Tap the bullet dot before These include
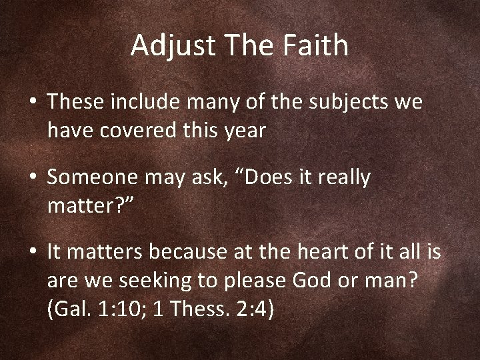(34, 103)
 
